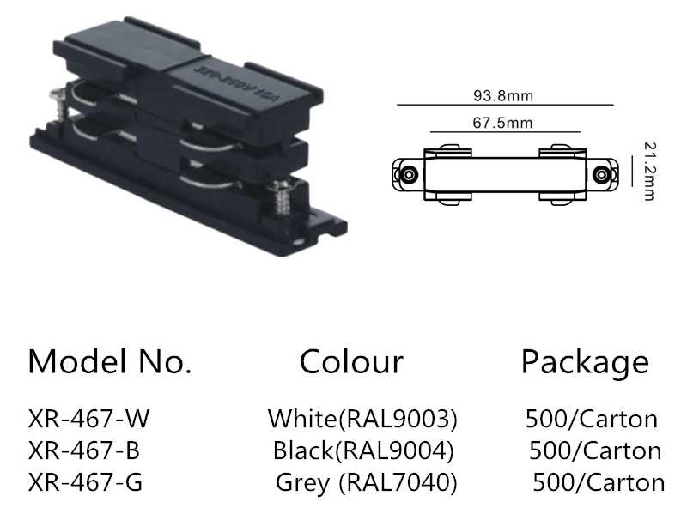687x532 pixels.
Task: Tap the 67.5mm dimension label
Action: pos(502,123)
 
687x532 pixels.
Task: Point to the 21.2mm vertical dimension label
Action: pos(647,172)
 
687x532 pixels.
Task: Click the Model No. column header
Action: pos(109,361)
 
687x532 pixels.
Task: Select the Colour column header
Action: pos(350,361)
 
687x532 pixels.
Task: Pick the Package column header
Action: pos(585,361)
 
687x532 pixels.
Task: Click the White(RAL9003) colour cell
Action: pos(362,419)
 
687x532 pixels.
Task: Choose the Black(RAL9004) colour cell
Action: pos(362,450)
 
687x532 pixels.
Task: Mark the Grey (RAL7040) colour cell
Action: pos(366,482)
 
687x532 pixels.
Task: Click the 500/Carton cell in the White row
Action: pos(591,419)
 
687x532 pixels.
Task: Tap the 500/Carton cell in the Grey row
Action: pos(599,482)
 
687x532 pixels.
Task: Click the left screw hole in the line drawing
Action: pos(410,174)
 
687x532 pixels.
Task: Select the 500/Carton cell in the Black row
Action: pos(595,450)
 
